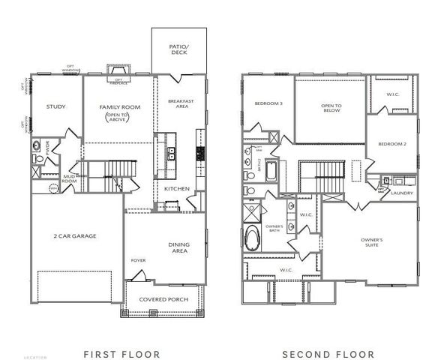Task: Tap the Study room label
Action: (55, 106)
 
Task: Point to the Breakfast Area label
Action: (181, 104)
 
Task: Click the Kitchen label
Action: (176, 189)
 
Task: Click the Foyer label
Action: (139, 261)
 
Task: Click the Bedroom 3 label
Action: (267, 103)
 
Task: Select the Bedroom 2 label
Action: (391, 143)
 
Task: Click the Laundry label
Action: (402, 193)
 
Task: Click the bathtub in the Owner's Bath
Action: (253, 240)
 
